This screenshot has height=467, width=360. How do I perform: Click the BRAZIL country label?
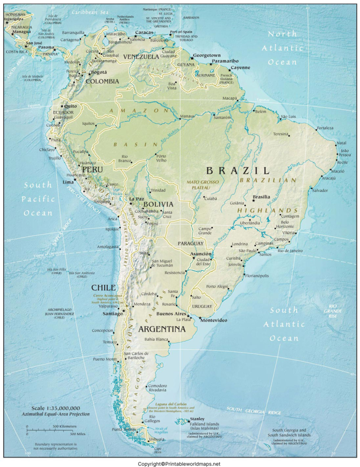238,170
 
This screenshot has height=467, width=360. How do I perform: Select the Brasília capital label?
261,197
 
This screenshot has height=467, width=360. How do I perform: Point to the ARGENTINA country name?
162,329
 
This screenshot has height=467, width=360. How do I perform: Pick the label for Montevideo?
214,320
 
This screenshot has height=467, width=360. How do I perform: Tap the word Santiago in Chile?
112,313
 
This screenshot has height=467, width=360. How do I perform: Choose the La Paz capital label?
136,199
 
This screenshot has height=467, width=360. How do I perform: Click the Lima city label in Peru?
68,181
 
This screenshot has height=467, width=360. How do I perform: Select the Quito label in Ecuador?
70,106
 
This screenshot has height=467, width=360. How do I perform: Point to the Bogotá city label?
99,73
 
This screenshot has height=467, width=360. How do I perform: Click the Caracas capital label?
144,33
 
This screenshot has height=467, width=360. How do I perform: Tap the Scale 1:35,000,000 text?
55,408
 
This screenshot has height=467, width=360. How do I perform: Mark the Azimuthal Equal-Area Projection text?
55,414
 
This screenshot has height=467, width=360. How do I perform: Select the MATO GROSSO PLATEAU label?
201,185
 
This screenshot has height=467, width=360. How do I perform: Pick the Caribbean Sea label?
90,11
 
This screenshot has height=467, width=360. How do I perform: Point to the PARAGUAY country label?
190,244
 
